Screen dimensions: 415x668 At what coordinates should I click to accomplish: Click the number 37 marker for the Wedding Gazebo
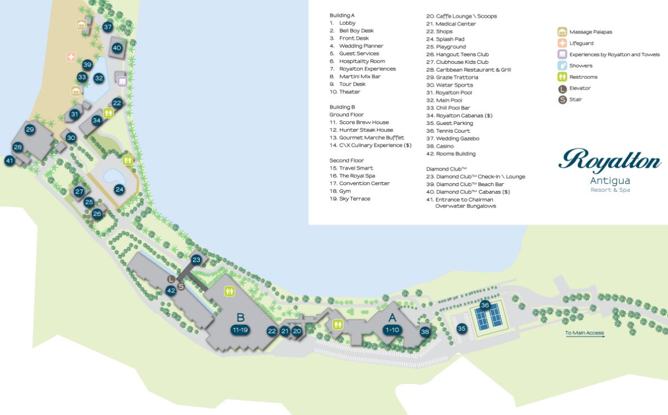pyautogui.click(x=108, y=27)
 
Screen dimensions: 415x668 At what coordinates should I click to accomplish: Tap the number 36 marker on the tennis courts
pyautogui.click(x=485, y=305)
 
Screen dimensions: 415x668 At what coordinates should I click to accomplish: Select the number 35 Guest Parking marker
pyautogui.click(x=461, y=328)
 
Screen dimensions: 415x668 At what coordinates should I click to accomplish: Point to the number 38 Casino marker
pyautogui.click(x=425, y=332)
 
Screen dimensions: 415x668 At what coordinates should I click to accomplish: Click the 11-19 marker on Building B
pyautogui.click(x=240, y=329)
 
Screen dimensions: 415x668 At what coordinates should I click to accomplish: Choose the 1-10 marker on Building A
pyautogui.click(x=392, y=329)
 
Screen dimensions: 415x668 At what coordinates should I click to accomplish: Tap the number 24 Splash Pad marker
pyautogui.click(x=119, y=189)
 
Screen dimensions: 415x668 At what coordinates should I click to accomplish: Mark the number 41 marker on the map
pyautogui.click(x=9, y=161)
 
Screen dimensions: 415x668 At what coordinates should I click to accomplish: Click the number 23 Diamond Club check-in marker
pyautogui.click(x=196, y=259)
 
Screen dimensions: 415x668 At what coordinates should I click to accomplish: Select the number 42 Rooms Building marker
pyautogui.click(x=171, y=290)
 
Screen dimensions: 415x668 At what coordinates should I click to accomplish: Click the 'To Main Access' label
pyautogui.click(x=584, y=333)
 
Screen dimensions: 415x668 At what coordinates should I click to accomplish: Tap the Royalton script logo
pyautogui.click(x=610, y=161)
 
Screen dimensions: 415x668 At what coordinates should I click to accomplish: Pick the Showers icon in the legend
pyautogui.click(x=562, y=66)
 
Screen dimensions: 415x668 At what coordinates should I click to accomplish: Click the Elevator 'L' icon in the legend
pyautogui.click(x=562, y=88)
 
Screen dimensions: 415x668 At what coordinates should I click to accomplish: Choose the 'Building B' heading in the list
pyautogui.click(x=342, y=107)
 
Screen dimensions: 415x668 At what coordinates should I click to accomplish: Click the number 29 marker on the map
pyautogui.click(x=30, y=129)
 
